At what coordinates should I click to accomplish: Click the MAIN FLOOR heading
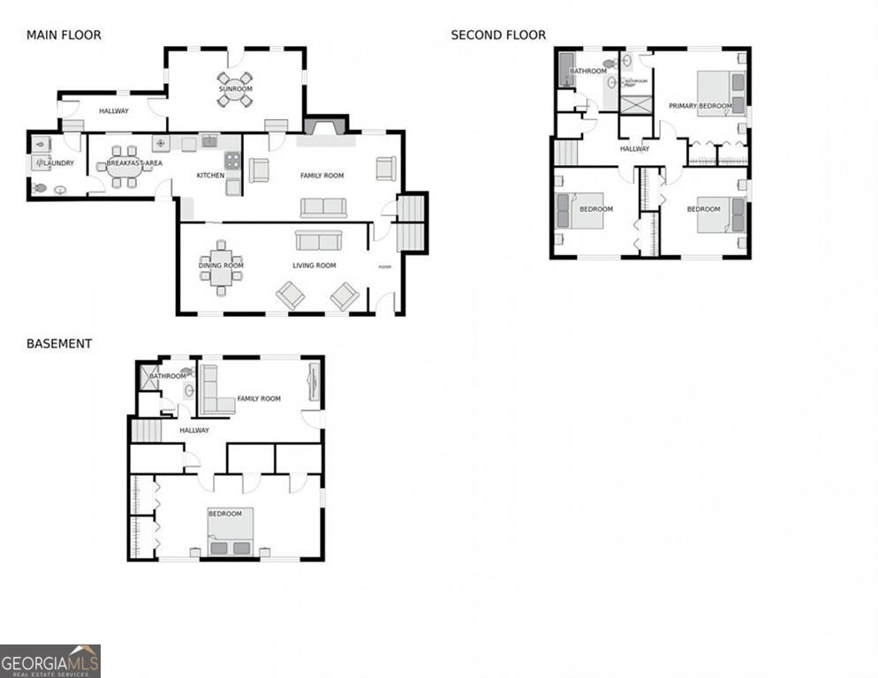(64, 35)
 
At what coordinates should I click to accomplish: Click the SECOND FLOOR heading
(498, 35)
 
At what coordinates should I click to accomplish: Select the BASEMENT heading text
(59, 343)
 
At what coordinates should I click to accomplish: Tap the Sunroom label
(235, 89)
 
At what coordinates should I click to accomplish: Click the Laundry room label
(58, 163)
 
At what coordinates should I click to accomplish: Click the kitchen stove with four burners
(232, 160)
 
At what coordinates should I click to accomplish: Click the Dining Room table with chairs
(221, 265)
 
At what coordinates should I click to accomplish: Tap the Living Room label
(314, 265)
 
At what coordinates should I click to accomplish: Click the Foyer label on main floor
(384, 267)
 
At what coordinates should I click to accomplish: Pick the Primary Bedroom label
(700, 106)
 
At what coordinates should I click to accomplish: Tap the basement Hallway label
(194, 430)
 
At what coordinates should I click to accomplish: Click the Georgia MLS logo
(50, 660)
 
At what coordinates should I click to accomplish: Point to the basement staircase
(147, 430)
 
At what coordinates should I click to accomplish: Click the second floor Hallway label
(634, 149)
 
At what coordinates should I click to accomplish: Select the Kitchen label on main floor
(210, 176)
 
